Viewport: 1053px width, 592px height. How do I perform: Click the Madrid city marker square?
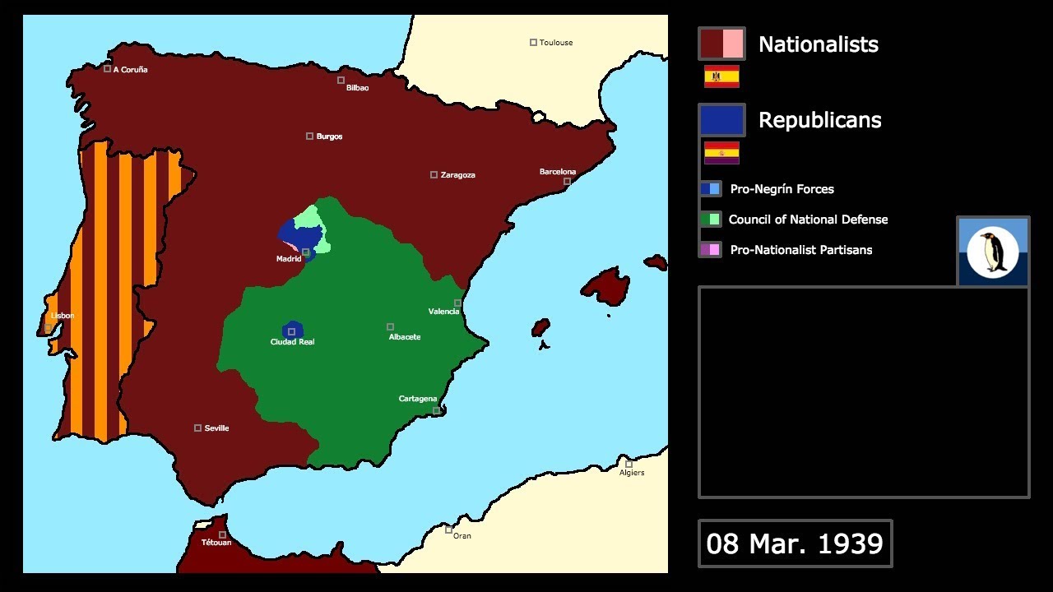click(305, 252)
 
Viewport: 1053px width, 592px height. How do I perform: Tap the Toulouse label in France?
click(556, 43)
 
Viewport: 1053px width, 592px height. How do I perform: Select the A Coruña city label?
click(130, 70)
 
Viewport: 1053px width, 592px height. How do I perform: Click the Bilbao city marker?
click(341, 80)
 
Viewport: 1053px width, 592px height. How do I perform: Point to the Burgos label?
click(329, 136)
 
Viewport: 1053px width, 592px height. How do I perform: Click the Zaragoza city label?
click(457, 175)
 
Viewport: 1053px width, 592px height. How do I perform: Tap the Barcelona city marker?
click(567, 181)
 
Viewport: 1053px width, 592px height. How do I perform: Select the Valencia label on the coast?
click(443, 312)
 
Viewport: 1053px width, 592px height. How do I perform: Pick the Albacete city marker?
click(390, 326)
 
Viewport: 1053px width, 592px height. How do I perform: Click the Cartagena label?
click(418, 399)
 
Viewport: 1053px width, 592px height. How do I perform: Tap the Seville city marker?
click(197, 428)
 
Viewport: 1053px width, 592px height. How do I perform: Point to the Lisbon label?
click(63, 316)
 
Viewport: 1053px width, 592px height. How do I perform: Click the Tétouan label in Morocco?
click(216, 543)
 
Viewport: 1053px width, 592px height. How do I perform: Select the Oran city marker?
click(448, 530)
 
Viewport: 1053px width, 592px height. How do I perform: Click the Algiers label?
click(632, 473)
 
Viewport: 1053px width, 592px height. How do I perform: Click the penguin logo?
click(993, 252)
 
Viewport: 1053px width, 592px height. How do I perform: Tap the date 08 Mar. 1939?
click(795, 543)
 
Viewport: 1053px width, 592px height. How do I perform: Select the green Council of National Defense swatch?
click(711, 220)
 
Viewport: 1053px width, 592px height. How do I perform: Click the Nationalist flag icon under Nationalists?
click(721, 76)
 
